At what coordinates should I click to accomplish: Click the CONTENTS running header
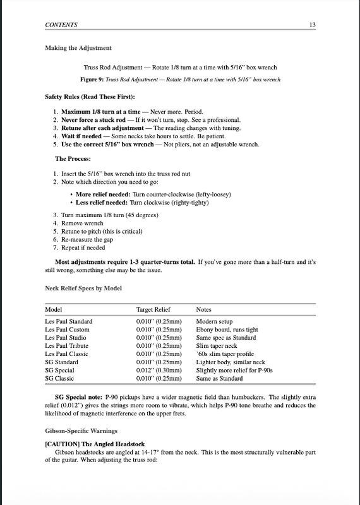(x=61, y=25)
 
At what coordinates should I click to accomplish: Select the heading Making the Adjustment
(x=78, y=48)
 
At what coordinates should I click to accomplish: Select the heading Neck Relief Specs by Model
(x=84, y=288)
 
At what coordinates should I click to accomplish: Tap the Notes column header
(x=204, y=311)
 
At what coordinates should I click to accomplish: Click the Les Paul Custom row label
(x=68, y=330)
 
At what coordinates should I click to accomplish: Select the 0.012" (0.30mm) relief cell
(x=159, y=371)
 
